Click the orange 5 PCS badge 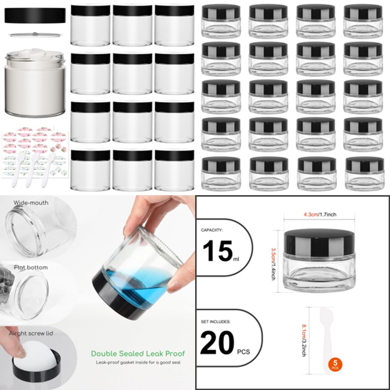pos(335,365)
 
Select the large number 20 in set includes pos(218,344)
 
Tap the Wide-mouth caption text pos(31,203)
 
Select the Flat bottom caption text pos(31,268)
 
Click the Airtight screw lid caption pos(31,333)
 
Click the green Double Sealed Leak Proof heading pos(138,354)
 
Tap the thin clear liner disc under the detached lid pos(35,34)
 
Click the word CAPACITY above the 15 pos(212,230)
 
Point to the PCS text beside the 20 pos(243,351)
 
